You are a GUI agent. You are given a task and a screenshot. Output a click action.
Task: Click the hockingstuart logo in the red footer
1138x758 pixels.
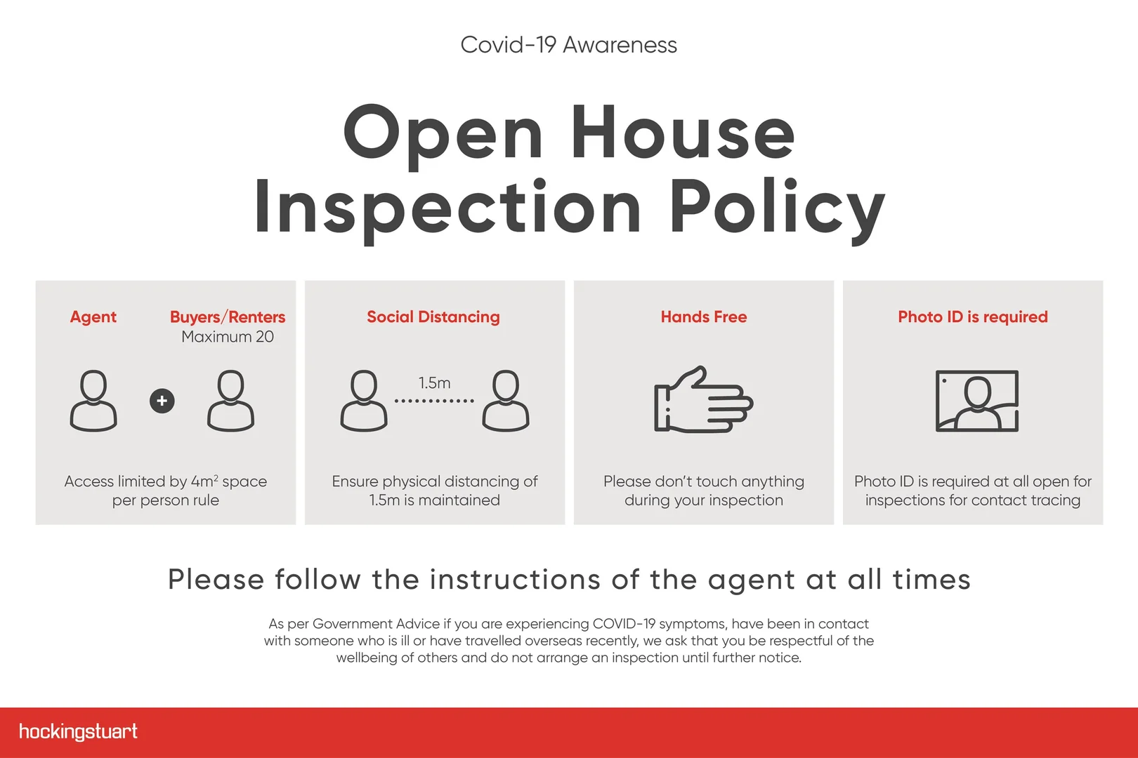tap(78, 731)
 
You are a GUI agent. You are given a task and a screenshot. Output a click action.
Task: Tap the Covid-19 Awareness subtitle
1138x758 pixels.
tap(568, 45)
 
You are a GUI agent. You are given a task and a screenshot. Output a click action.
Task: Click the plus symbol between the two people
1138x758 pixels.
tap(162, 401)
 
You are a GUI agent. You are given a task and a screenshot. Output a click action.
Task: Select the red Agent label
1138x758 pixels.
tap(93, 317)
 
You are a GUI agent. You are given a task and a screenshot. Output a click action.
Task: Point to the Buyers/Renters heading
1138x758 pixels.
tap(228, 317)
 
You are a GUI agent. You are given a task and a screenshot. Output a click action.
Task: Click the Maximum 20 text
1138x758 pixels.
tap(228, 337)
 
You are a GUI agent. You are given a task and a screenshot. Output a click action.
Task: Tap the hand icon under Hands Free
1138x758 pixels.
tap(704, 399)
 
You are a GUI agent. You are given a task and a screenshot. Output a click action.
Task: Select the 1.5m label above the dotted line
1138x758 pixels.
tap(434, 383)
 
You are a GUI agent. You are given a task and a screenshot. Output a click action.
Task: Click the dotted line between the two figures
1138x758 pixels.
tap(434, 401)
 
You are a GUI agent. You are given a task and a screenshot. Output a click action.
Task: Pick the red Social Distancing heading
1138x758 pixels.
tap(433, 317)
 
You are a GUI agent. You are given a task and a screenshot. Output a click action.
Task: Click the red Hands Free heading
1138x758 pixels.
tap(704, 317)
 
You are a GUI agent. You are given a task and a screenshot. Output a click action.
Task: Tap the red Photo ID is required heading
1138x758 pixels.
tap(973, 317)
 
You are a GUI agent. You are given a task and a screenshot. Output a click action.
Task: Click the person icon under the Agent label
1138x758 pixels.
tap(93, 401)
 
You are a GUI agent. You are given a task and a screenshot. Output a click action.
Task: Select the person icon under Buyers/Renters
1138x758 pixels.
tap(230, 401)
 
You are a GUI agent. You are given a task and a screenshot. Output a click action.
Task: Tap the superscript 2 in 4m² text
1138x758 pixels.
tap(216, 477)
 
